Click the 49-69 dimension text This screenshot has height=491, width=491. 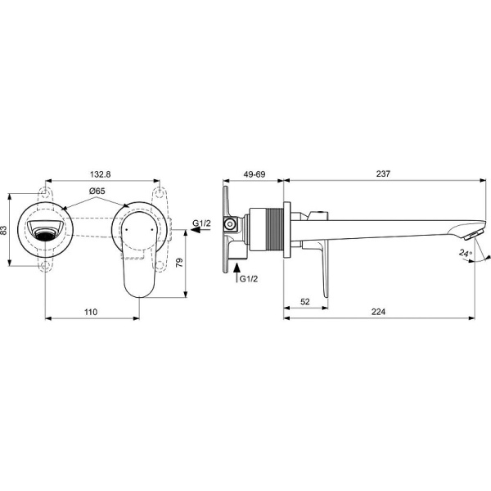click(255, 174)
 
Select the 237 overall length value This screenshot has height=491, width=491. click(384, 174)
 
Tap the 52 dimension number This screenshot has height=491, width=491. click(304, 302)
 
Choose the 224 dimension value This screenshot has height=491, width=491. click(377, 312)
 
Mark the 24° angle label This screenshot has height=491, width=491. click(466, 255)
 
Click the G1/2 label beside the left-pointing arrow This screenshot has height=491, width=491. click(202, 223)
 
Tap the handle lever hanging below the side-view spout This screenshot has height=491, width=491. click(325, 270)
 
